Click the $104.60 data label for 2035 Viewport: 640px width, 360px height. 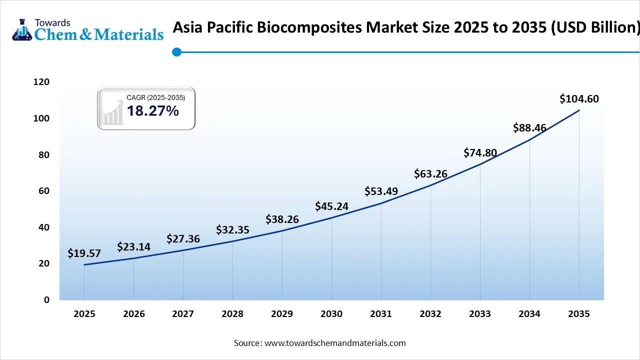pyautogui.click(x=579, y=99)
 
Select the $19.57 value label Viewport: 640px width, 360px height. pyautogui.click(x=84, y=253)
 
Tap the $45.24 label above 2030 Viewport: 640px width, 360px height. pyautogui.click(x=331, y=206)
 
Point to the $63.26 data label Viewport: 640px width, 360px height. pyautogui.click(x=430, y=174)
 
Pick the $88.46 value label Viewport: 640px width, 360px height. pyautogui.click(x=529, y=128)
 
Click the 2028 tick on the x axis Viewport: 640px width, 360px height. pyautogui.click(x=232, y=314)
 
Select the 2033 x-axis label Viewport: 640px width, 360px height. pyautogui.click(x=480, y=314)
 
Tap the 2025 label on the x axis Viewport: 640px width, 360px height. pyautogui.click(x=84, y=314)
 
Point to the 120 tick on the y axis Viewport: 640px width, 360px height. pyautogui.click(x=42, y=82)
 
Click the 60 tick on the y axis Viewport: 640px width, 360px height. pyautogui.click(x=44, y=191)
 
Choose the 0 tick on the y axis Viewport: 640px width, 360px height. pyautogui.click(x=46, y=300)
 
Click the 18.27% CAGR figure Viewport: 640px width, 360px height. pyautogui.click(x=152, y=111)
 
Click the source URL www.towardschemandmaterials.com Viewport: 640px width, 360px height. pyautogui.click(x=335, y=343)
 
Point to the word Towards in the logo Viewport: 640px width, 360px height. pyautogui.click(x=52, y=22)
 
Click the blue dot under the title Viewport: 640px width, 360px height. pyautogui.click(x=176, y=52)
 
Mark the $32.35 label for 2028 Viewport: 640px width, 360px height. pyautogui.click(x=232, y=230)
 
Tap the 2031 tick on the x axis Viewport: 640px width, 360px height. pyautogui.click(x=381, y=314)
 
